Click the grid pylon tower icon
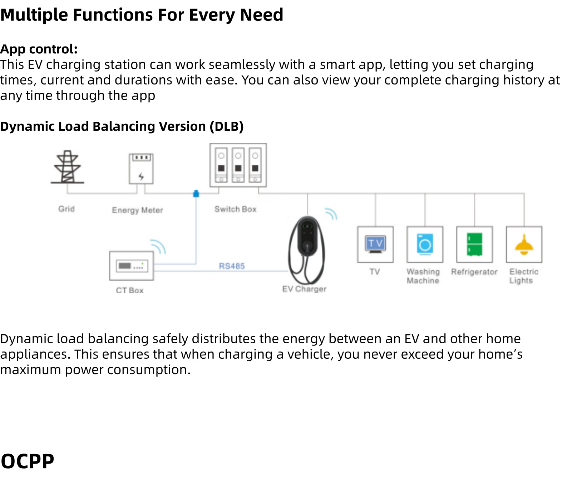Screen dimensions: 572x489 pos(67,167)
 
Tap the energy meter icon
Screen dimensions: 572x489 pos(141,169)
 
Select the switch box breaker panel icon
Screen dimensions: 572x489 pos(238,165)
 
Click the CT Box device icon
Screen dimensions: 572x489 pos(132,266)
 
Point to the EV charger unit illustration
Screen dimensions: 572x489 pos(307,250)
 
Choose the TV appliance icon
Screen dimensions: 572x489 pos(375,245)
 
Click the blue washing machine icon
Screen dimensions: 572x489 pos(425,244)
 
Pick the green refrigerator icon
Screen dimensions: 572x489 pos(474,244)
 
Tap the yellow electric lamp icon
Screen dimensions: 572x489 pos(524,245)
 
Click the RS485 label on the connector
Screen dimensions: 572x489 pos(232,266)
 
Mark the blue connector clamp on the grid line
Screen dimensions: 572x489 pos(196,194)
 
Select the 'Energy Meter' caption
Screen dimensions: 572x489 pos(137,210)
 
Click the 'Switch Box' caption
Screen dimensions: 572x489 pos(235,209)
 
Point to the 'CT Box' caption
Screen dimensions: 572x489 pos(129,290)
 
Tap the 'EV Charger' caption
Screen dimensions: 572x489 pos(304,289)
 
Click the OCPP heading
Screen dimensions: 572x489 pos(28,461)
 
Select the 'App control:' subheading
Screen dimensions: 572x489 pos(39,49)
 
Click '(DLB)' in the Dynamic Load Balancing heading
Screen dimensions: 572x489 pos(227,126)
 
